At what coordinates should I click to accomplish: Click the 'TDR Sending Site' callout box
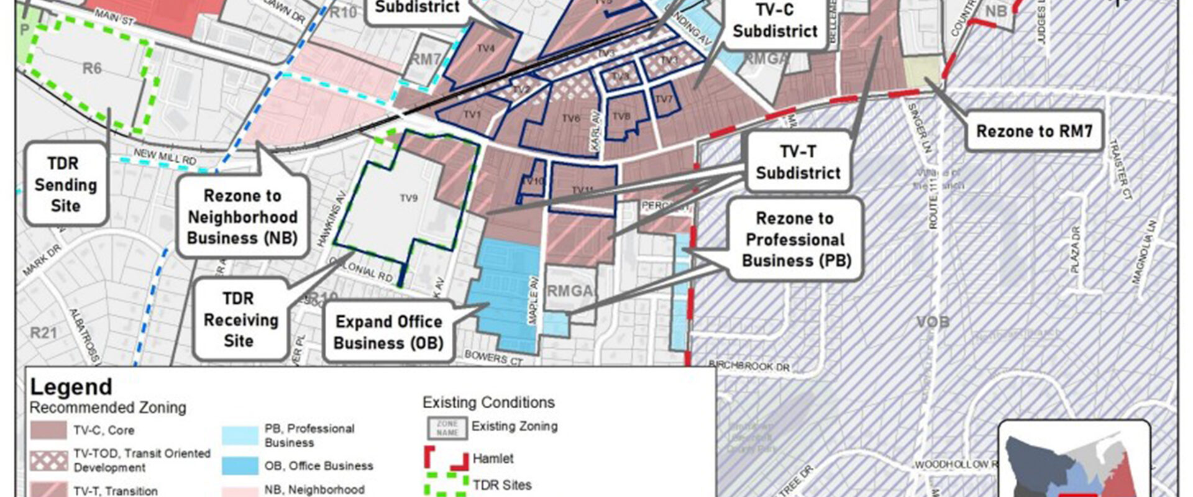66,185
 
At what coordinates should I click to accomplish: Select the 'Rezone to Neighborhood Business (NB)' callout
242,217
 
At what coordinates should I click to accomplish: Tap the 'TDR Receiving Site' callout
240,319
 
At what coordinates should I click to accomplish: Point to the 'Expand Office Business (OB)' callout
388,332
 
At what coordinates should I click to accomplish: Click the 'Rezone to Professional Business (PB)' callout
795,239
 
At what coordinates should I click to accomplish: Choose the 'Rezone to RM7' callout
1033,131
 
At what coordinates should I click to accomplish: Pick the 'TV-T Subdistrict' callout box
798,162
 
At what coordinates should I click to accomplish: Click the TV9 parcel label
408,198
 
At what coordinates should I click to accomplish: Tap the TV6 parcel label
570,118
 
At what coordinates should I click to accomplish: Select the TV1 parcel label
472,114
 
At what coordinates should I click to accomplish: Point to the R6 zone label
92,68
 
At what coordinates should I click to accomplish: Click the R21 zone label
43,333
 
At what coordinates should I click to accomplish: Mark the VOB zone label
933,322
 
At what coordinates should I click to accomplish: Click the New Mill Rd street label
165,157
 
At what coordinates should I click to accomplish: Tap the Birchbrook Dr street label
749,365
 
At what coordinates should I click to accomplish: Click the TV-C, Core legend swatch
48,430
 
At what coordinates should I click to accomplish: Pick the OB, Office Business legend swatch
239,466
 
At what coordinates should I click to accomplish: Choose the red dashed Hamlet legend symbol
446,458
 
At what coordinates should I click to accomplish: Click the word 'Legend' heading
71,387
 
